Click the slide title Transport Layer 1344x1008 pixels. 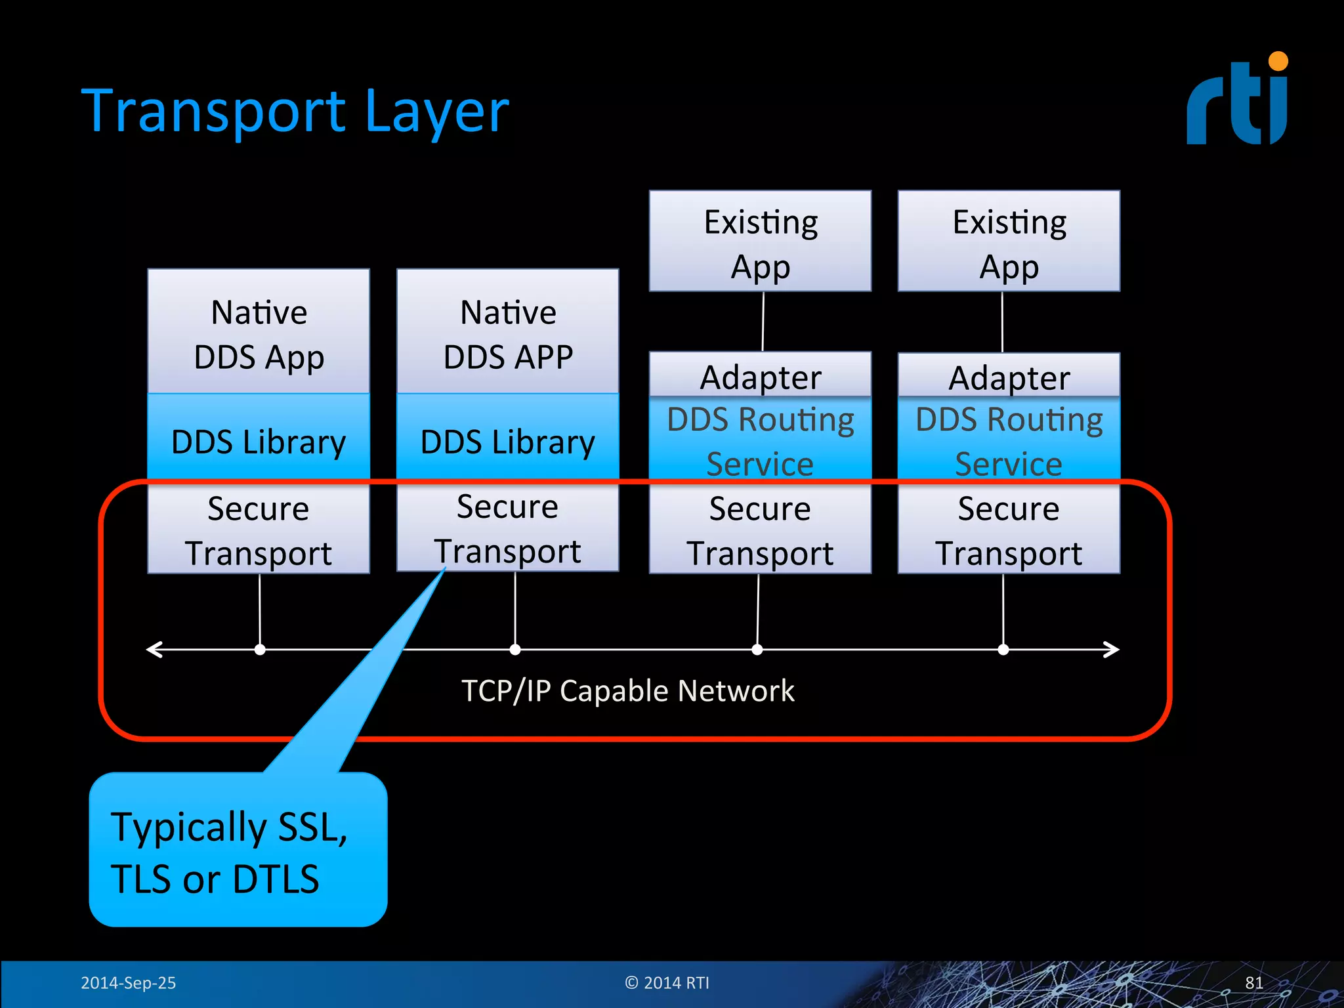(295, 112)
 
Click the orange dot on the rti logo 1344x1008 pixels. (1278, 62)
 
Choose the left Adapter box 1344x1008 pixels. (760, 376)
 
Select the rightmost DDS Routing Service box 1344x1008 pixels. (1009, 440)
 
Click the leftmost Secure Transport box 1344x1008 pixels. (259, 530)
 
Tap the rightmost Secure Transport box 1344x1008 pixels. (1009, 530)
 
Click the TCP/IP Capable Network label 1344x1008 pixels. (627, 691)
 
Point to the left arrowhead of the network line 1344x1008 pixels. (153, 650)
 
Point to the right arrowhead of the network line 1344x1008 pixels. (1112, 650)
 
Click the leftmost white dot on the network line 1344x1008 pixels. (260, 650)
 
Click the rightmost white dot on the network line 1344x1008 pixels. (1003, 650)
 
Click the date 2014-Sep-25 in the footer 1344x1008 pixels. (128, 983)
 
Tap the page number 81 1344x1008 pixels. (1253, 983)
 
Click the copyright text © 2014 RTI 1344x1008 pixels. (667, 983)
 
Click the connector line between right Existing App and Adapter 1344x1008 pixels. (1002, 322)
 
